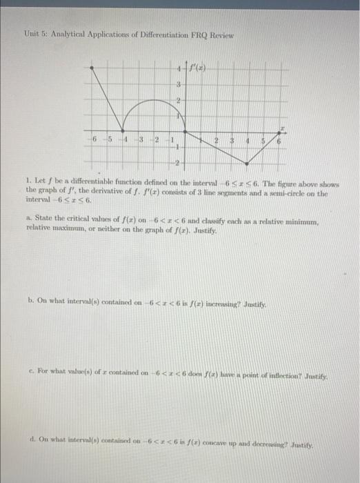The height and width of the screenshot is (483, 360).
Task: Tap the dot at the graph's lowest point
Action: click(247, 164)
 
